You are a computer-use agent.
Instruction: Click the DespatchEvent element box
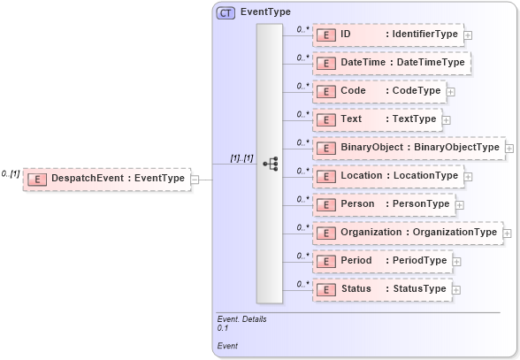(x=106, y=179)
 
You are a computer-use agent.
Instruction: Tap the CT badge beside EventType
(x=226, y=12)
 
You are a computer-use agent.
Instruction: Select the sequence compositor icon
(x=271, y=164)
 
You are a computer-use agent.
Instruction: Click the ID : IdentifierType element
(x=388, y=34)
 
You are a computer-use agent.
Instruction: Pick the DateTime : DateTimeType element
(x=391, y=63)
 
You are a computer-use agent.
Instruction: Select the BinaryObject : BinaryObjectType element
(x=408, y=148)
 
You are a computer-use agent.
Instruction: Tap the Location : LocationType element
(x=388, y=176)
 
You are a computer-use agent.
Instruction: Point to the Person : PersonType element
(x=383, y=204)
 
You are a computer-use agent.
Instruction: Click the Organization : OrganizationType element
(x=407, y=233)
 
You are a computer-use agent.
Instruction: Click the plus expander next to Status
(x=456, y=289)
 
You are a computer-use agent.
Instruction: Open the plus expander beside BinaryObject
(x=510, y=148)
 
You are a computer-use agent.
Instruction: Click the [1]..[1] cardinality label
(x=241, y=158)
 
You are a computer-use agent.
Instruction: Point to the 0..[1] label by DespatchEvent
(x=11, y=173)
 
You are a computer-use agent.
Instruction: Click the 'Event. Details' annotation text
(x=241, y=318)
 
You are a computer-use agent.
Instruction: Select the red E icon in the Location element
(x=327, y=176)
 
